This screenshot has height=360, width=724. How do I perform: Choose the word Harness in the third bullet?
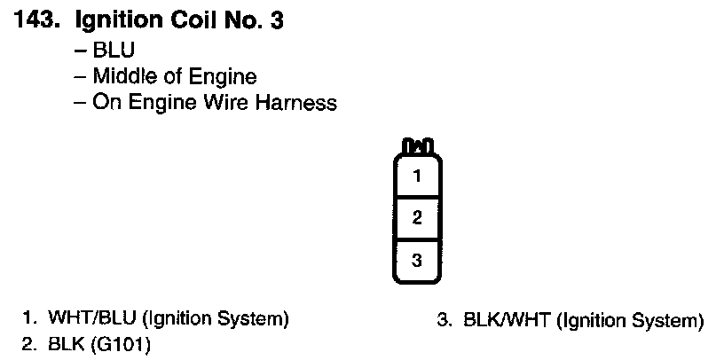coord(296,103)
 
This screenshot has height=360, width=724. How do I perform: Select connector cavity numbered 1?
coord(417,176)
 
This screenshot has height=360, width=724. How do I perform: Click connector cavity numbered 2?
coord(417,217)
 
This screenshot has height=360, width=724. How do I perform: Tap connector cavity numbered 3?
coord(417,260)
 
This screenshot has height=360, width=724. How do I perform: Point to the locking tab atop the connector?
coord(417,145)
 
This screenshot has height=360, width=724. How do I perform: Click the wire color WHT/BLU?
coord(87,318)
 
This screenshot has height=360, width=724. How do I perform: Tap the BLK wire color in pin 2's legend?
coord(64,342)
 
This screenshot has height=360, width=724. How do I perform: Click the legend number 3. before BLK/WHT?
coord(445,319)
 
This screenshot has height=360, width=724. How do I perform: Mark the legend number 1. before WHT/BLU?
coord(30,318)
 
